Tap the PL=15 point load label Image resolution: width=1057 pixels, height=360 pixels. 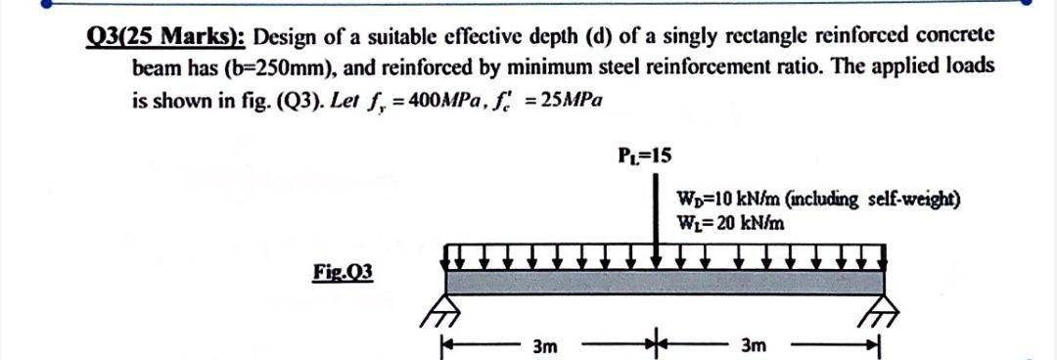645,155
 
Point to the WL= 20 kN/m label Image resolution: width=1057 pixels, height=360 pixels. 730,222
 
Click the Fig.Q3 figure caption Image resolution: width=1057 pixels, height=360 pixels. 343,270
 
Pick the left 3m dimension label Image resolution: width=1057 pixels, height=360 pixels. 546,346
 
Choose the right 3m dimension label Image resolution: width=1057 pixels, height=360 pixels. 756,346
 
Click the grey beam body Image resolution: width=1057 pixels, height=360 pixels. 666,282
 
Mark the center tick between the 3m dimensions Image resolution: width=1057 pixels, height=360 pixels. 654,345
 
